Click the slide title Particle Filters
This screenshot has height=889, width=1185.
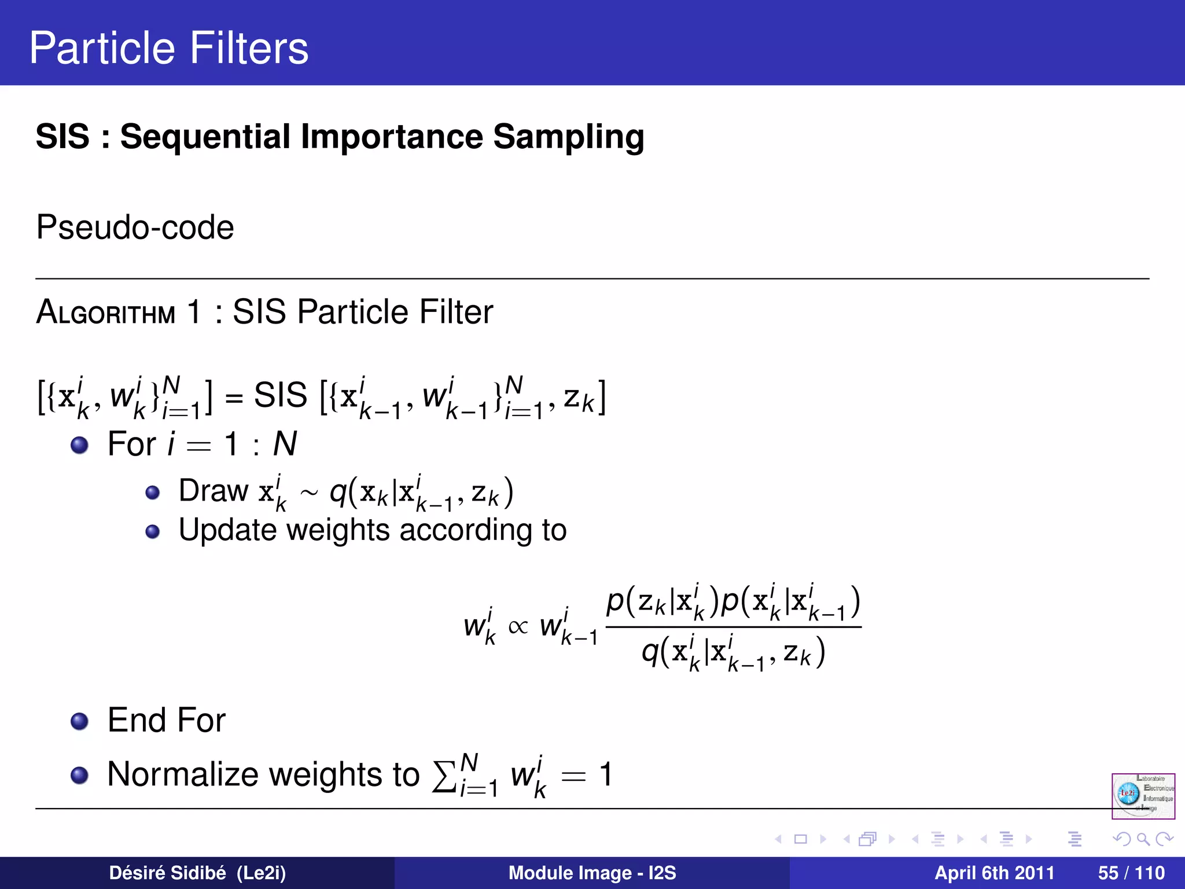click(x=168, y=48)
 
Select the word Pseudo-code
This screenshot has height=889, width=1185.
click(x=135, y=227)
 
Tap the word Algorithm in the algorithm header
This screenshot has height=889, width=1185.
click(x=105, y=313)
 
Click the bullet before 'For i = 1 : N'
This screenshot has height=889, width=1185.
click(x=79, y=445)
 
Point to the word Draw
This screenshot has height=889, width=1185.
click(x=214, y=491)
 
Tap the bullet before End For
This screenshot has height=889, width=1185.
click(x=79, y=721)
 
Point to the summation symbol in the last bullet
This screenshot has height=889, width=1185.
click(x=444, y=776)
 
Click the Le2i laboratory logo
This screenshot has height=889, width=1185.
click(x=1143, y=796)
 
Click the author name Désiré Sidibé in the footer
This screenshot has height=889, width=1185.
click(x=167, y=873)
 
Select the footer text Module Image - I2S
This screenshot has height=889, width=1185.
click(x=592, y=873)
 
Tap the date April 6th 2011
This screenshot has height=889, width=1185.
click(x=994, y=873)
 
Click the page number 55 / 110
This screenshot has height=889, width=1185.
click(x=1131, y=873)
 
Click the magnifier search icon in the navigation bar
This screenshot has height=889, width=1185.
click(x=1143, y=839)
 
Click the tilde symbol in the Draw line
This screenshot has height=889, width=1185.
click(x=308, y=493)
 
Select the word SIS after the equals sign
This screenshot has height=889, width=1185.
click(x=281, y=396)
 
